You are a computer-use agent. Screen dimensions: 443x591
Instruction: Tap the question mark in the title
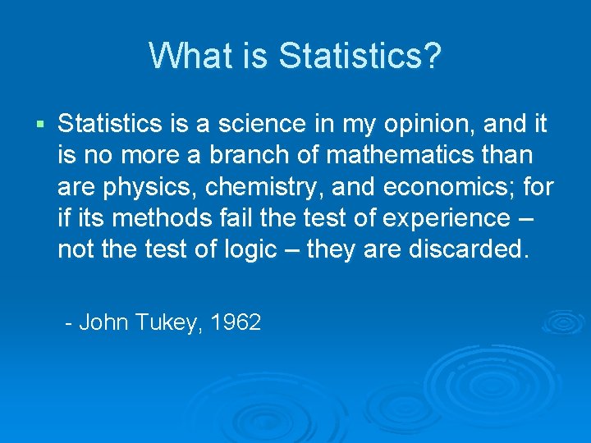[x=433, y=56]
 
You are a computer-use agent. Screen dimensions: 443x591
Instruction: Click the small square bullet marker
[x=40, y=125]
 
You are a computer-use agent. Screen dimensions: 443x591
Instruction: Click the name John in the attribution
[x=104, y=322]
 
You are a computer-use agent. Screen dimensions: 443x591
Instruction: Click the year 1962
[x=236, y=322]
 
